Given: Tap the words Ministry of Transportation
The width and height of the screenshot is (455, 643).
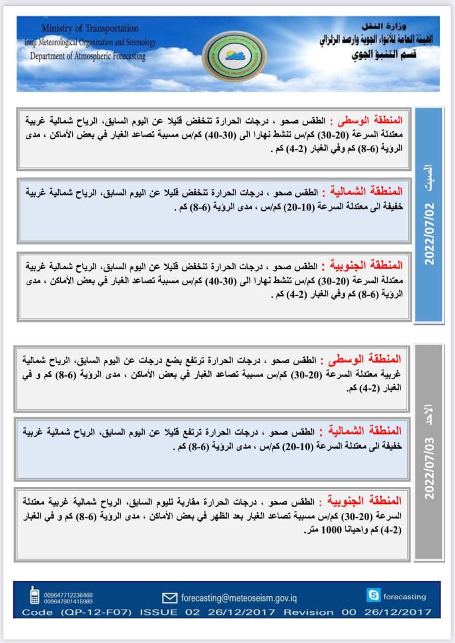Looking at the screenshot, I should coord(90,29).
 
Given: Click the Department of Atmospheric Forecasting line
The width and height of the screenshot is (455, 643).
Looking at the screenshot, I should coord(88,56).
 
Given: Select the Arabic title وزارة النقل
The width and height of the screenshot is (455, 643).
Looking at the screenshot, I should coord(385,26).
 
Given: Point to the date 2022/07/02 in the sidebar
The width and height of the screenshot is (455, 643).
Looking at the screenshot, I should coord(429,235).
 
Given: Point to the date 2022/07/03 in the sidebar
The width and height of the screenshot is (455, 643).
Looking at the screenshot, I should coord(429,468).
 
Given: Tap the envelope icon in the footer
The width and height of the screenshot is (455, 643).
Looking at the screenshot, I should coord(170,598).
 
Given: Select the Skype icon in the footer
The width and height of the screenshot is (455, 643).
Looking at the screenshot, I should coord(373,596).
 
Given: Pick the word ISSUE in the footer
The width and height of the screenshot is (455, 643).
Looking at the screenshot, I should coord(158,612).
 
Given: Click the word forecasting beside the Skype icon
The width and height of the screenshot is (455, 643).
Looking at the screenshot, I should coord(404,597).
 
